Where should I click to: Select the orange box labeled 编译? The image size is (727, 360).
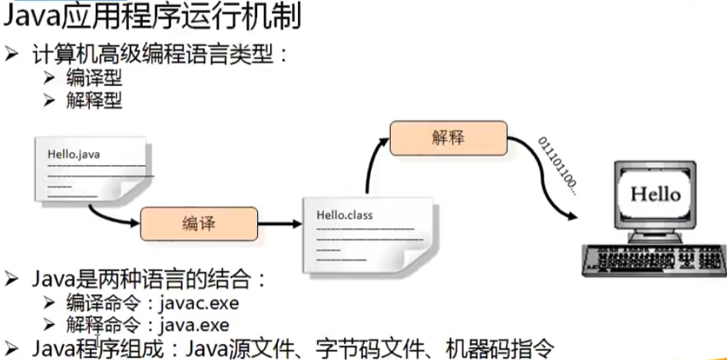pos(197,223)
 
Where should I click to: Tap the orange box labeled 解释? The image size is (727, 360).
pos(448,139)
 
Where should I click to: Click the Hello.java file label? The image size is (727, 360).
pos(74,154)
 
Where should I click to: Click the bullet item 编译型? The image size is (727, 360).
pos(94,78)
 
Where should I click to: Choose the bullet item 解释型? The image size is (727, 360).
pos(94,100)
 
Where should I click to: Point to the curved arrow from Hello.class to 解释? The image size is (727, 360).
pos(372,165)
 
